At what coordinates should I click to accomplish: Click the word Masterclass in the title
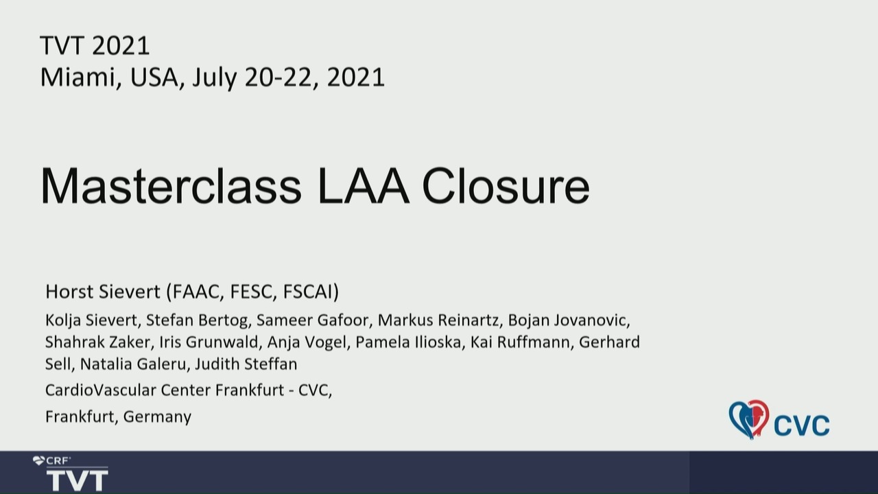click(171, 186)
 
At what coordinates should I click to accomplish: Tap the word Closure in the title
click(506, 186)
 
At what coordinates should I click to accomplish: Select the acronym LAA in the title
click(364, 186)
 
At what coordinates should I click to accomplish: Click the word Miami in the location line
click(78, 78)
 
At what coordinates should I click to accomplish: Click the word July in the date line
click(215, 78)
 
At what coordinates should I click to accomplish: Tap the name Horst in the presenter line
click(69, 292)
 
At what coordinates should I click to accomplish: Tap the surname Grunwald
click(222, 342)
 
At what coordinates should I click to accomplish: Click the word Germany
click(157, 417)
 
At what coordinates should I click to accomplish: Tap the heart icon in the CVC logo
click(749, 419)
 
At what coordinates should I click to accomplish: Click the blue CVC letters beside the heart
click(802, 425)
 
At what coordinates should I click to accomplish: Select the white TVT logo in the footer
click(78, 479)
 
